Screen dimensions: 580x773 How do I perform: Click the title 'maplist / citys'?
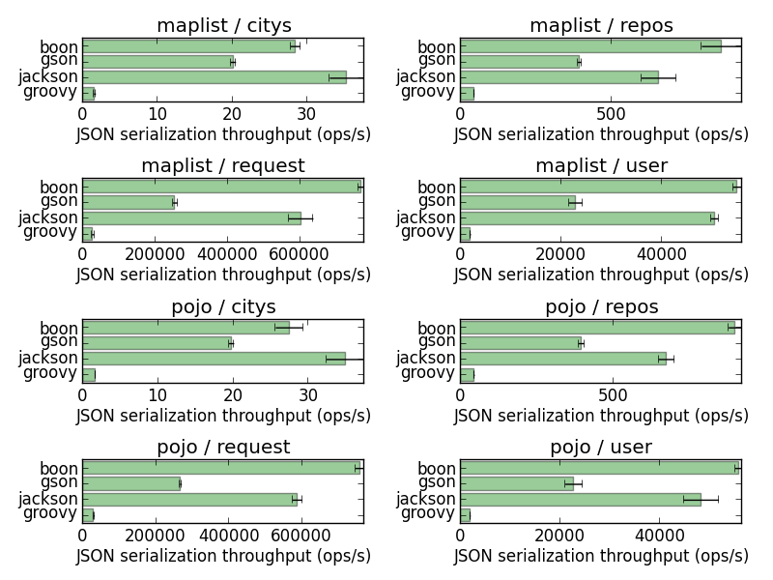[x=223, y=26]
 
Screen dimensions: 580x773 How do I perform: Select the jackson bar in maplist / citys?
[x=214, y=76]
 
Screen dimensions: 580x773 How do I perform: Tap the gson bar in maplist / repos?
[x=519, y=62]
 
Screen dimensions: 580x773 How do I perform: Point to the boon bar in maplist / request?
[x=220, y=187]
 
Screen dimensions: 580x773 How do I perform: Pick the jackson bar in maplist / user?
[x=587, y=217]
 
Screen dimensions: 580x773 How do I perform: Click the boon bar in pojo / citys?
[x=186, y=328]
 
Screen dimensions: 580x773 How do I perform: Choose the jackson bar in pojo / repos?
[x=562, y=358]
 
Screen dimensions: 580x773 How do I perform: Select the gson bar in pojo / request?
[x=131, y=483]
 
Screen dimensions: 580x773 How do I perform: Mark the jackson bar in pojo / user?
[x=580, y=499]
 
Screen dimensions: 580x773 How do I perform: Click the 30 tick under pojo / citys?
[x=308, y=394]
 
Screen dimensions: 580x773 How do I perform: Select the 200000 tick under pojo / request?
[x=155, y=535]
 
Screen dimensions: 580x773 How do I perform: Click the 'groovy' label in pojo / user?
[x=427, y=513]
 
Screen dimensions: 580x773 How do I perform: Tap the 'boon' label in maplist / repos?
[x=437, y=47]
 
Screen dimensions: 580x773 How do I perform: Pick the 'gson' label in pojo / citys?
[x=58, y=342]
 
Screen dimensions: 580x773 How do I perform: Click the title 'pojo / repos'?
[x=601, y=307]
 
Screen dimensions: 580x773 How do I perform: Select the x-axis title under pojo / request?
[x=223, y=556]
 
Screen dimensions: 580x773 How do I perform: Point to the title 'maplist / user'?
[x=601, y=166]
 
